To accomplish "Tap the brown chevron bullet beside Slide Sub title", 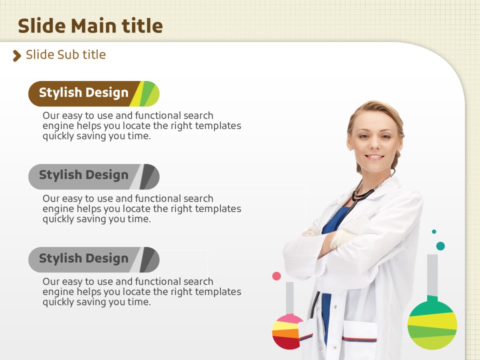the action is click(17, 55).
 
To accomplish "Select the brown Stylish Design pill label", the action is click(93, 93).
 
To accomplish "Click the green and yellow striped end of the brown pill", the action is click(145, 93).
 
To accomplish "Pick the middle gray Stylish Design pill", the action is click(93, 176).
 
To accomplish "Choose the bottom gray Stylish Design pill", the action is click(93, 259).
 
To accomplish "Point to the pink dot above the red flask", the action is click(276, 276).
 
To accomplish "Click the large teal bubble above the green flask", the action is click(440, 246).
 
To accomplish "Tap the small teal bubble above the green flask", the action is click(434, 231).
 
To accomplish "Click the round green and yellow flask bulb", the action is click(432, 324).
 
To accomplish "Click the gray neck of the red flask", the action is click(289, 298).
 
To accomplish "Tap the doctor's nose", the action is click(374, 144).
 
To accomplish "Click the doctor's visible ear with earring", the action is click(400, 142).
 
